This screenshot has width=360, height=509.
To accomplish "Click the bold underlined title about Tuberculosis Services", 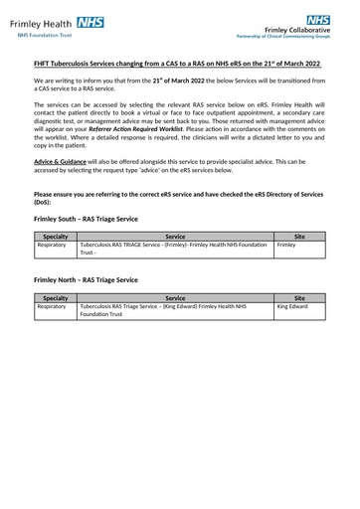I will tap(178, 64).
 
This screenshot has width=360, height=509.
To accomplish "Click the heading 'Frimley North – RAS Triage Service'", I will tap(87, 280).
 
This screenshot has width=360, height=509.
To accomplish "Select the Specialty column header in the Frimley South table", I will tap(56, 237).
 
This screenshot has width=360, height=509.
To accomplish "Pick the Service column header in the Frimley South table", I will tap(174, 237).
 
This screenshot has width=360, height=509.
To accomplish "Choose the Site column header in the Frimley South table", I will tap(299, 237).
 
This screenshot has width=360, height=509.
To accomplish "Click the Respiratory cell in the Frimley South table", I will tap(52, 245).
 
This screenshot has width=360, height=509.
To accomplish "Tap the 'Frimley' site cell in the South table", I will tap(286, 245).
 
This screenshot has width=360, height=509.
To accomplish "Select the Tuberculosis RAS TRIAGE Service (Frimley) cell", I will tap(174, 249).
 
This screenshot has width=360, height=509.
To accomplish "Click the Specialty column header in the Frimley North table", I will tap(56, 297).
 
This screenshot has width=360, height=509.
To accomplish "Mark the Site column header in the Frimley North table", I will tap(299, 297).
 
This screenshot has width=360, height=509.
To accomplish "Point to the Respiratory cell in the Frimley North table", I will tap(52, 307).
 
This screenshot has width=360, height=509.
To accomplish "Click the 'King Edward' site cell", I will tap(293, 307).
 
